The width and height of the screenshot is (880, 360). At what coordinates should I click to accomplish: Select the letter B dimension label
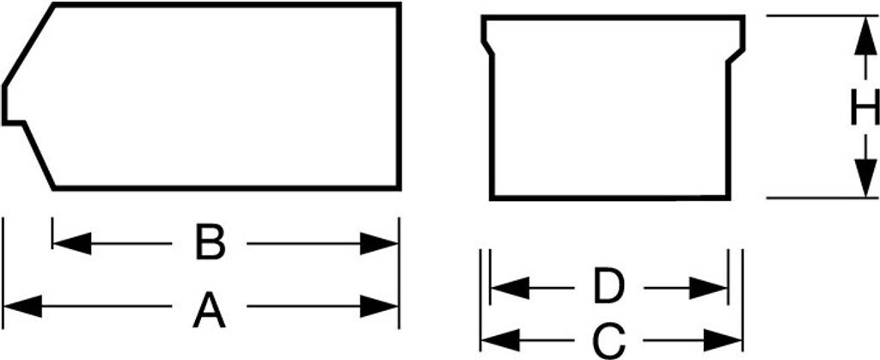tap(211, 242)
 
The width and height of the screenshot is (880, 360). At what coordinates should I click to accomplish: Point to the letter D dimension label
tap(609, 288)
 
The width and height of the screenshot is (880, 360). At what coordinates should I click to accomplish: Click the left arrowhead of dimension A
tap(23, 306)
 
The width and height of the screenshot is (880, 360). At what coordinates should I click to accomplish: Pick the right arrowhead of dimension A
tap(379, 306)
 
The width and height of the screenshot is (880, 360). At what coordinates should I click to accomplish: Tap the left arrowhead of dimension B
tap(72, 243)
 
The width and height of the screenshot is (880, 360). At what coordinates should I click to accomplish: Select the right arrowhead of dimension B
tap(379, 243)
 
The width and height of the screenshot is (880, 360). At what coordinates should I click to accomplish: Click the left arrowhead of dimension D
tap(510, 288)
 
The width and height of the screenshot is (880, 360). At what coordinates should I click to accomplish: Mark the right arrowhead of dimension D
tap(708, 288)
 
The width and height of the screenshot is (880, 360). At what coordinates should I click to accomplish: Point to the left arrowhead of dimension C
tap(501, 340)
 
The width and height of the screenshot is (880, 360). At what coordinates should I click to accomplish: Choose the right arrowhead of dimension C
tap(723, 340)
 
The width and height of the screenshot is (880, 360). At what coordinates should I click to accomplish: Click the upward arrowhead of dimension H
tap(865, 36)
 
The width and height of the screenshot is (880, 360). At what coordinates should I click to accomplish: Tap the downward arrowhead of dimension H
tap(865, 178)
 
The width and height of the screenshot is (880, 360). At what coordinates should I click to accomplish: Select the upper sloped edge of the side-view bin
tap(29, 45)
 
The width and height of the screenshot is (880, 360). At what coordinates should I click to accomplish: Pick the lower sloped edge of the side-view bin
tap(39, 156)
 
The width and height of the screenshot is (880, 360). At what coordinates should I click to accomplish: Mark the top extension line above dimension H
tap(822, 15)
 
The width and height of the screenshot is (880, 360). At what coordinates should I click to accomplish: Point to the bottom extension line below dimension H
tap(822, 198)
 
